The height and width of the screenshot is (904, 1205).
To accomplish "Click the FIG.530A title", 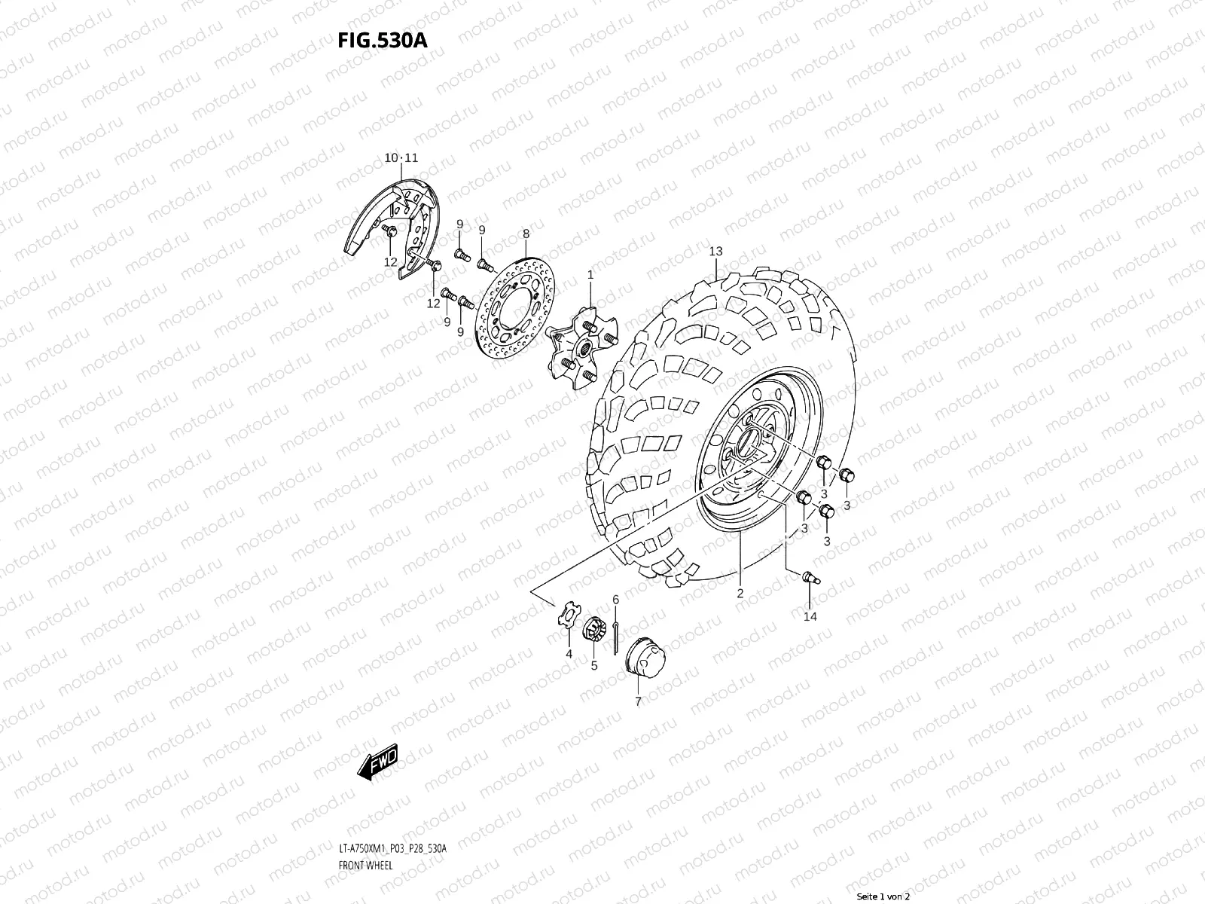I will click(x=383, y=40).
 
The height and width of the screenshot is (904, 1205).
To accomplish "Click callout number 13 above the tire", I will click(x=715, y=251).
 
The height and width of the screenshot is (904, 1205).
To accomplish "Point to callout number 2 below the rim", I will click(x=740, y=594).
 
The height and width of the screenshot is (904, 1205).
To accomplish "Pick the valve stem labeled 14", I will click(x=810, y=578).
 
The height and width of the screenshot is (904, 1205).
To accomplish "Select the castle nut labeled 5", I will click(x=595, y=629).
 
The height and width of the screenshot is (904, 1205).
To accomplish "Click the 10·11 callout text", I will click(x=401, y=158).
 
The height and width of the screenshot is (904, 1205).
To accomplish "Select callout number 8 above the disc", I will click(x=526, y=234).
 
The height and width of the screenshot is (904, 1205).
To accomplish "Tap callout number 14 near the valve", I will click(x=810, y=616).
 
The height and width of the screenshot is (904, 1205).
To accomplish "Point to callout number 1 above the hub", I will click(x=590, y=276).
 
